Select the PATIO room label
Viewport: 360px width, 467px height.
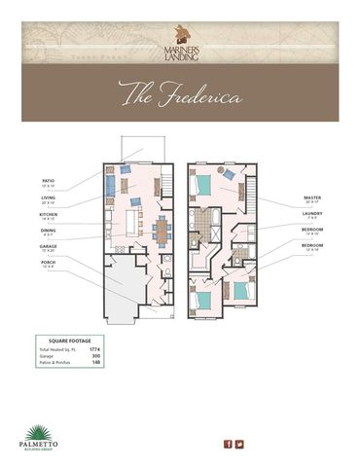pyautogui.click(x=48, y=181)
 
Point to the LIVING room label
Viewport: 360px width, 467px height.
pyautogui.click(x=49, y=198)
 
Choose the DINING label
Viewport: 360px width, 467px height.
pyautogui.click(x=49, y=231)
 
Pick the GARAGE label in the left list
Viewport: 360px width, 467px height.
pyautogui.click(x=49, y=247)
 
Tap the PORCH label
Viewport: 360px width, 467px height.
pyautogui.click(x=48, y=264)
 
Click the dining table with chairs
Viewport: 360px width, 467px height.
pyautogui.click(x=161, y=230)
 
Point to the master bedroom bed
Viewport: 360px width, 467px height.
pyautogui.click(x=204, y=184)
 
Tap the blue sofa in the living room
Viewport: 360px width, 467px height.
pyautogui.click(x=110, y=182)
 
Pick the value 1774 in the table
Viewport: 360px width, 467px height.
pyautogui.click(x=121, y=349)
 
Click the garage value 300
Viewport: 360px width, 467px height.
pyautogui.click(x=123, y=357)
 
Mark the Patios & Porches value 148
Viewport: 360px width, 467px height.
pyautogui.click(x=123, y=365)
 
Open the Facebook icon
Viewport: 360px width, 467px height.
pyautogui.click(x=228, y=445)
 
